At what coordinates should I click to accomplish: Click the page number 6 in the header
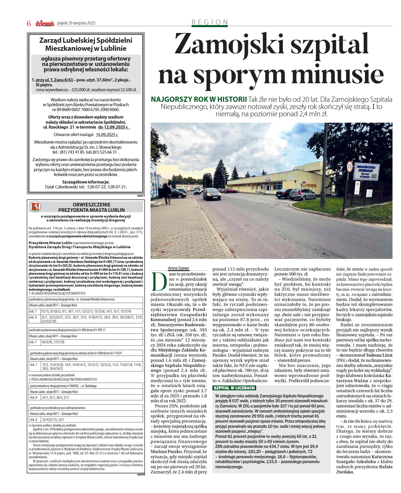(29, 23)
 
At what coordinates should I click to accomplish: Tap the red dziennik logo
(45, 23)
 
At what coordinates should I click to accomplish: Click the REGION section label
(210, 22)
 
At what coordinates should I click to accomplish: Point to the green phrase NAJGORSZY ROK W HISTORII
(199, 99)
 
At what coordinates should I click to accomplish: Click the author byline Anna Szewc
(179, 268)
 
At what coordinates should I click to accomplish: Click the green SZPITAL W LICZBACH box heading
(234, 388)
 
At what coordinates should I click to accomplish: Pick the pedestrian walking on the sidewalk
(167, 193)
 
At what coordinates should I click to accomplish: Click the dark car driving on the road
(212, 194)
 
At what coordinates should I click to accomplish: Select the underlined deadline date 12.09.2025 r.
(114, 127)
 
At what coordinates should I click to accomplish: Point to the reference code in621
(141, 196)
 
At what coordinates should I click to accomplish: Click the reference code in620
(141, 474)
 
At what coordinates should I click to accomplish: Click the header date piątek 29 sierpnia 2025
(76, 23)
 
